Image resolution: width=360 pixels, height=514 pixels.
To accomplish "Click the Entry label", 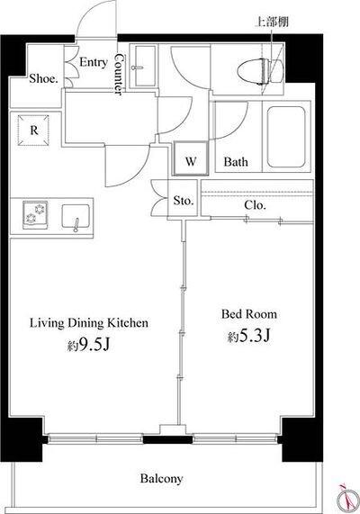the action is (x=94, y=62).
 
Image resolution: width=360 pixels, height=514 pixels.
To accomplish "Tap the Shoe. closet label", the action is (x=44, y=78).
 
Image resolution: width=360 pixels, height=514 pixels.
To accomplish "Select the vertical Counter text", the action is (x=120, y=74).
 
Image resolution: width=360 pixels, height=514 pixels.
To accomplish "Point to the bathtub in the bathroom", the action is (x=286, y=136).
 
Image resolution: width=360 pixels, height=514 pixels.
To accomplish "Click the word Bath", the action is (x=236, y=161).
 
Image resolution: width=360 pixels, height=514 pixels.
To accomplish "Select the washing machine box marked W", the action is (x=191, y=158).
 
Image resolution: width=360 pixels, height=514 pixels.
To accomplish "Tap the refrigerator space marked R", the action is (x=33, y=131).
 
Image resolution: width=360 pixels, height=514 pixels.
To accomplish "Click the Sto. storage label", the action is (x=184, y=200).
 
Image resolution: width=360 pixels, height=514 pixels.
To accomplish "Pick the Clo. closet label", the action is (x=255, y=205).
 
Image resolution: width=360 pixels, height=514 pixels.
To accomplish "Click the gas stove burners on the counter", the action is (x=35, y=215).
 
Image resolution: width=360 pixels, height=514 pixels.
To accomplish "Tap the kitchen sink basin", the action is (x=76, y=216).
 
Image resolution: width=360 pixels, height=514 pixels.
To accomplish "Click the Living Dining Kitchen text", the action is (x=89, y=323).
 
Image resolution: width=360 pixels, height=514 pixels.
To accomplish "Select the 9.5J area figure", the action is (x=88, y=345).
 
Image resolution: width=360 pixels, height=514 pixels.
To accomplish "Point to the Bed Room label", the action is (x=249, y=314).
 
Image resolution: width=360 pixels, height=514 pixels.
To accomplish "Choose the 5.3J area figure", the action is (x=249, y=336).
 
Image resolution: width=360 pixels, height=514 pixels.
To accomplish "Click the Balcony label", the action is (x=161, y=478).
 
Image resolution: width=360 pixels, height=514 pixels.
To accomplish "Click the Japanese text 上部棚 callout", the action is (x=272, y=22).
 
